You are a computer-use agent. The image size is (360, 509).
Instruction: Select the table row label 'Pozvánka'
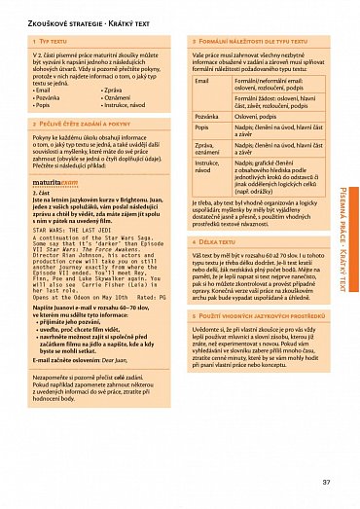pos(206,115)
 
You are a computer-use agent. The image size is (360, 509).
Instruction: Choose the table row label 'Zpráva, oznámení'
pos(208,149)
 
